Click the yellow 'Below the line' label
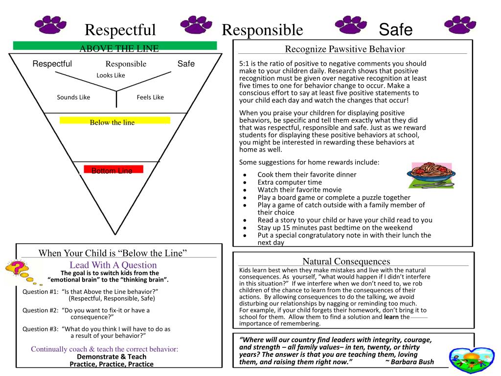pyautogui.click(x=112, y=122)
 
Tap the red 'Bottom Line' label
pyautogui.click(x=112, y=171)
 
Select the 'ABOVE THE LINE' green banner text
pyautogui.click(x=119, y=48)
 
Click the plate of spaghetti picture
pyautogui.click(x=431, y=175)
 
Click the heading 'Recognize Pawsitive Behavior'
pyautogui.click(x=345, y=49)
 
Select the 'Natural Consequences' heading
pyautogui.click(x=346, y=261)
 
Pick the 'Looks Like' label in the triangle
pyautogui.click(x=111, y=75)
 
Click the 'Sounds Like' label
pyautogui.click(x=73, y=97)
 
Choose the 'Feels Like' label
pyautogui.click(x=150, y=97)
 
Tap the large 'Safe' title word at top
pyautogui.click(x=396, y=30)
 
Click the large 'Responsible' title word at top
pyautogui.click(x=262, y=30)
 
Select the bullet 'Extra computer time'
pyautogui.click(x=290, y=182)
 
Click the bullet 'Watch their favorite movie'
pyautogui.click(x=299, y=189)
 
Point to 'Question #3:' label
pyautogui.click(x=41, y=329)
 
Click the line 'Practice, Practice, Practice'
pyautogui.click(x=112, y=364)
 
